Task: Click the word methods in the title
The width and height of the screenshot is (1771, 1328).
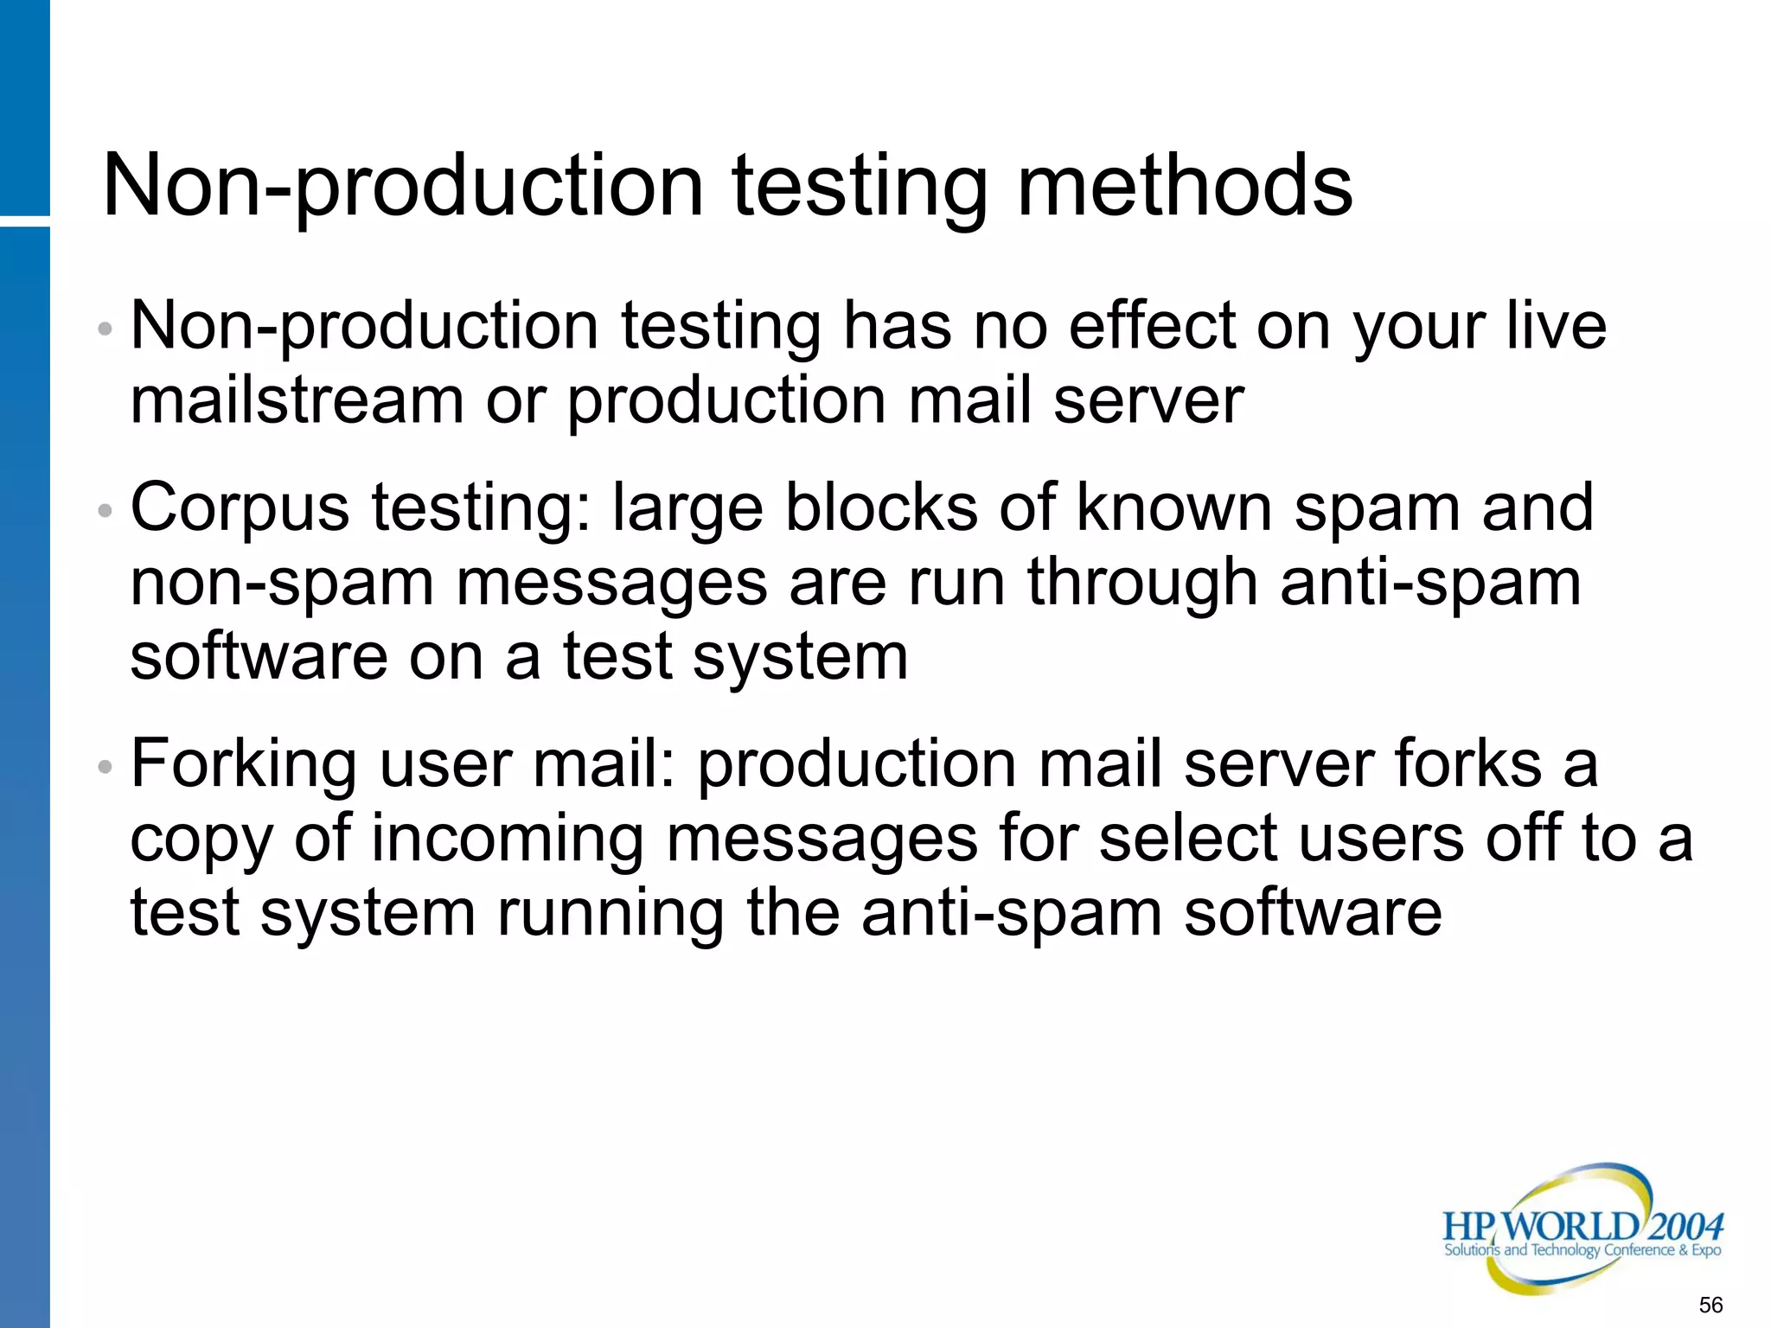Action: (x=1185, y=186)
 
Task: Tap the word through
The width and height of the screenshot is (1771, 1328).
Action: (x=1142, y=583)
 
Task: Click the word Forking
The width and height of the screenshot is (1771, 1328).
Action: (x=243, y=766)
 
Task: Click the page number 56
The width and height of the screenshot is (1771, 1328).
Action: (x=1710, y=1305)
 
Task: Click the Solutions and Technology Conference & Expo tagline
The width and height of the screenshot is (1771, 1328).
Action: (x=1582, y=1250)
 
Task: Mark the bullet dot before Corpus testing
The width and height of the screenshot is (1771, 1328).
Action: (x=105, y=510)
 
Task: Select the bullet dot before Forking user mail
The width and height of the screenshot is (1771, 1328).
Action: (x=105, y=766)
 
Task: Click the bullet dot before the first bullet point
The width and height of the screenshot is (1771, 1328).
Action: (x=105, y=329)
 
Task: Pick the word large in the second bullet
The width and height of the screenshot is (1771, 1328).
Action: (x=687, y=510)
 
